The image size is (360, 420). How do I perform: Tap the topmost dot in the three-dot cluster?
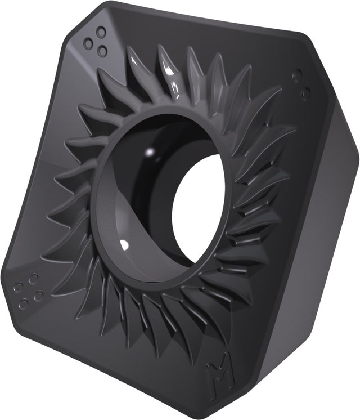coord(101,32)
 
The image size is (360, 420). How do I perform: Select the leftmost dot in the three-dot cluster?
coord(88,42)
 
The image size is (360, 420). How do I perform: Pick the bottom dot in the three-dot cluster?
coord(102,50)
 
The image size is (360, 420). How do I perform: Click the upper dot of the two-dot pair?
coord(298,75)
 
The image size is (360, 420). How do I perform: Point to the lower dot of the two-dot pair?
coord(305,93)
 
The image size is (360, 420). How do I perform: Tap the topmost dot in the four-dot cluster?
coord(33,279)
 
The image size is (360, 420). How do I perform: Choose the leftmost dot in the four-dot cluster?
coord(19,287)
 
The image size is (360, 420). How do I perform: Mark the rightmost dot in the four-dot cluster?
coord(39,296)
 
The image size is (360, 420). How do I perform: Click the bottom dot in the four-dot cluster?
coord(24,304)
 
